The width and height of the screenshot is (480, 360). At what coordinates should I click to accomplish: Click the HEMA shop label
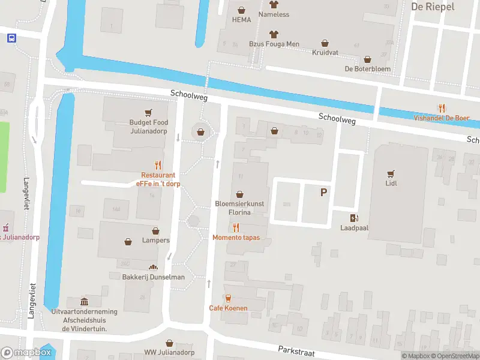tap(241, 19)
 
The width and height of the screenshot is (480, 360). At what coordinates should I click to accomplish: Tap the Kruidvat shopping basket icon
tap(325, 43)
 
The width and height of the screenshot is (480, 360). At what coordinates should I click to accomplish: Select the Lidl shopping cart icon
tap(391, 173)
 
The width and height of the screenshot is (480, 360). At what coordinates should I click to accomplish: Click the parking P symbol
tap(324, 192)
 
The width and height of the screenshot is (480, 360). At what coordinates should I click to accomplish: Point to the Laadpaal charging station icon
tap(355, 218)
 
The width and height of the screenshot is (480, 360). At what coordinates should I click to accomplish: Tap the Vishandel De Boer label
tap(441, 118)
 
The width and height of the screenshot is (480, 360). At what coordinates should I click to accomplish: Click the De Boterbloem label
tap(367, 69)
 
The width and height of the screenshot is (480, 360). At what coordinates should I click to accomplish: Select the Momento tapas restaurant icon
tap(236, 227)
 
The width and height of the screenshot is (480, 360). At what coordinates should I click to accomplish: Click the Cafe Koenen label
tap(228, 308)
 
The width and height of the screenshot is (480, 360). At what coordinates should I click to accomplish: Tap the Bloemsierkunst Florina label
tap(239, 208)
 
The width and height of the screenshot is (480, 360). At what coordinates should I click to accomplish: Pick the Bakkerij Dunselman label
tap(152, 277)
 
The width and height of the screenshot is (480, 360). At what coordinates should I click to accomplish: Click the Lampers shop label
tap(155, 240)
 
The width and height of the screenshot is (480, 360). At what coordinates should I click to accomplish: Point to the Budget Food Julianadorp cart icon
tap(148, 112)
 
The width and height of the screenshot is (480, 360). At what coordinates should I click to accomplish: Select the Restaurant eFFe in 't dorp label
tap(158, 179)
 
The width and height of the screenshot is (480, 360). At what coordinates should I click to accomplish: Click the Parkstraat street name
tap(296, 350)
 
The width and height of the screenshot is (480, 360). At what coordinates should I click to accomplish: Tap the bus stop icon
tap(11, 38)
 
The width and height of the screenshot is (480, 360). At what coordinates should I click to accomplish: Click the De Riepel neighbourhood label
tap(433, 7)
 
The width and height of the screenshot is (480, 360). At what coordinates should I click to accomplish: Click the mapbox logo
tap(26, 353)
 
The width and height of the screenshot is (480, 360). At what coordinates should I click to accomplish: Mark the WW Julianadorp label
tap(169, 352)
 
